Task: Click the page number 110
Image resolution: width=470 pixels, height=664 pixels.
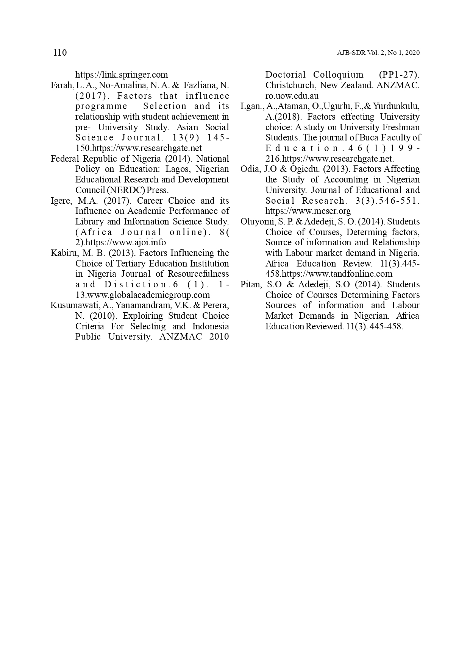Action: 60,53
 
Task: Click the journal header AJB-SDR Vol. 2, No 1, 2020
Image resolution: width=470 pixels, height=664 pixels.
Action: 378,53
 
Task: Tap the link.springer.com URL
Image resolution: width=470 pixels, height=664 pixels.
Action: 121,75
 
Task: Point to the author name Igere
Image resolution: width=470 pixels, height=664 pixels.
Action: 60,201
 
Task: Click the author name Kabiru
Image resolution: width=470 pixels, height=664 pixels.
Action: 62,253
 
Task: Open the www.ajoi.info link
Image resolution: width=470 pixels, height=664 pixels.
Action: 126,242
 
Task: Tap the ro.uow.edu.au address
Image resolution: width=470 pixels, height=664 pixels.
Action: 292,96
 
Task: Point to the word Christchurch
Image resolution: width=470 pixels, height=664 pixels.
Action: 290,85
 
